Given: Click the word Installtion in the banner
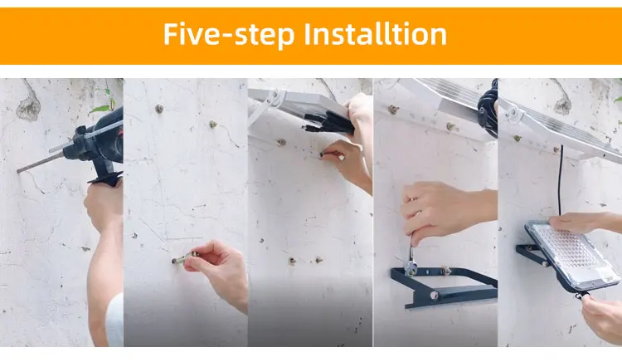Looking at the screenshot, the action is coord(375,34).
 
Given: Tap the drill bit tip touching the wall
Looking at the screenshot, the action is coord(18,171).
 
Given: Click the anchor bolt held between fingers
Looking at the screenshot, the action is coord(180,260).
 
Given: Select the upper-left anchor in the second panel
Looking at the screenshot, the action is coord(159,109).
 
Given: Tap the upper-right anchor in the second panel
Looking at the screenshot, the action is coord(213,125).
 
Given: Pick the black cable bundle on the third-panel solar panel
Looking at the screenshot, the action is coord(328,124).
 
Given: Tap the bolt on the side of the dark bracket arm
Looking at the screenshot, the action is coord(434,296).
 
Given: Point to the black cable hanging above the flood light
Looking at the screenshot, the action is coord(561,181).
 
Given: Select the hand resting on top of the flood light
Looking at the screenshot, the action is coord(583,223).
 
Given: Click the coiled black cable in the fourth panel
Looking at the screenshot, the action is coord(488,109).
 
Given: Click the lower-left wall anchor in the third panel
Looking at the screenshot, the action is coord(292,261).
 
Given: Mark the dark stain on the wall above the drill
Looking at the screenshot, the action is coord(28,106).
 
